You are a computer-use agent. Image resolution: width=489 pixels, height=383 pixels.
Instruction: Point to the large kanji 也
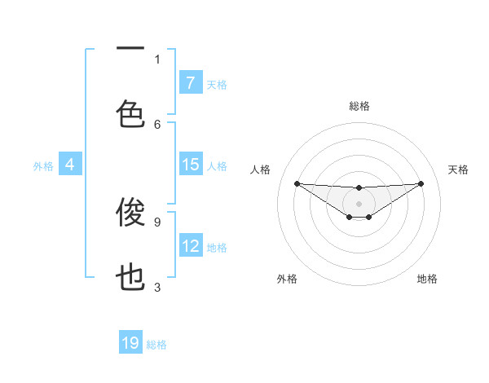[x=130, y=278]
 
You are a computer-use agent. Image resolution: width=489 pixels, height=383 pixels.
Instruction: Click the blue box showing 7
[x=190, y=82]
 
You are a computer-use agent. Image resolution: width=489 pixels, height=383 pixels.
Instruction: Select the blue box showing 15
[x=190, y=165]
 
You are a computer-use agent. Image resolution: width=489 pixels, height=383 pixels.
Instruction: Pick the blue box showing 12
[x=190, y=246]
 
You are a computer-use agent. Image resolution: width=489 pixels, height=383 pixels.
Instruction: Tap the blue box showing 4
[x=69, y=165]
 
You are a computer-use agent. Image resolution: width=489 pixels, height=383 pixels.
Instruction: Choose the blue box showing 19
[x=130, y=343]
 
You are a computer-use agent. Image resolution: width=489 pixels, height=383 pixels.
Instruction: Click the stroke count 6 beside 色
[x=157, y=124]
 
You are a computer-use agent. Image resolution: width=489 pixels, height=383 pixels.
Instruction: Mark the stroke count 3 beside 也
[x=157, y=287]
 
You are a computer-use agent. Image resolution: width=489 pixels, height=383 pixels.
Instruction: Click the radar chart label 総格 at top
[x=359, y=106]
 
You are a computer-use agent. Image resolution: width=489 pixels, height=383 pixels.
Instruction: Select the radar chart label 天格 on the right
[x=459, y=169]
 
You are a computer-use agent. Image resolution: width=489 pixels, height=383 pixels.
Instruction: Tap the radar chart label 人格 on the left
[x=260, y=169]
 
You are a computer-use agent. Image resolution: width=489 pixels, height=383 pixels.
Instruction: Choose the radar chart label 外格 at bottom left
[x=287, y=279]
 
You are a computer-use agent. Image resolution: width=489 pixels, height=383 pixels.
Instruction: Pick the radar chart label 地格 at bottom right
[x=427, y=279]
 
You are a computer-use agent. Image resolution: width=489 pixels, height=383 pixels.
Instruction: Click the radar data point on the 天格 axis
[x=421, y=183]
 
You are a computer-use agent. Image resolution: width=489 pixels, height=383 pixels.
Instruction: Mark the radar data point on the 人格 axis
[x=297, y=183]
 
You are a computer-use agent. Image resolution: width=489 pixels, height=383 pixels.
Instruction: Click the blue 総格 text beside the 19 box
[x=156, y=345]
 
